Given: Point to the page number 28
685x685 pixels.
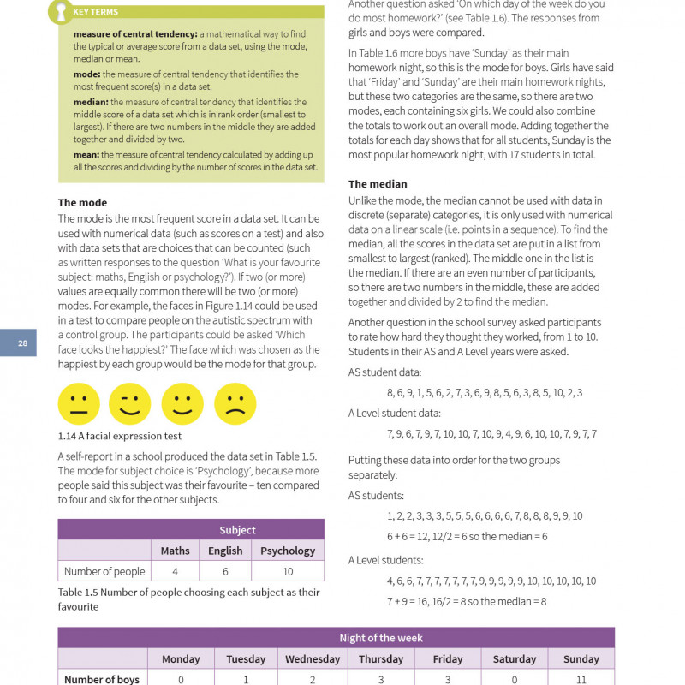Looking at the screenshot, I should point(23,343).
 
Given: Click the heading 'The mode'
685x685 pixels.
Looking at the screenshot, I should point(82,203).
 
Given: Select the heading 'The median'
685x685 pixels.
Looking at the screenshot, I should point(378,184).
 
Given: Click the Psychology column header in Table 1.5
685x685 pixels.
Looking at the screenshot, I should point(288,551).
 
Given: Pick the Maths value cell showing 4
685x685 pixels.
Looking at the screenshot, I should point(175,571).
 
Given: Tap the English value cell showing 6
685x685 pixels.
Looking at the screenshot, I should point(225,571).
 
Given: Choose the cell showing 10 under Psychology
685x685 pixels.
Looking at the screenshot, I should point(288,571).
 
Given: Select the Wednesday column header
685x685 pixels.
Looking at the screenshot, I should point(313,659).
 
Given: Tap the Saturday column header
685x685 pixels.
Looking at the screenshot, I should point(514,659).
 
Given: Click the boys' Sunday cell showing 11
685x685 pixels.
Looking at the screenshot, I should point(581,679).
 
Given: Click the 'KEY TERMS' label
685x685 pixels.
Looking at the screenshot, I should point(96,12).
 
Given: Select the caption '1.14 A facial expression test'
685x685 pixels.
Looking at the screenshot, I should point(120,436).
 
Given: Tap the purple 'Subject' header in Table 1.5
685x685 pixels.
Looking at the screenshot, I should point(237,530).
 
